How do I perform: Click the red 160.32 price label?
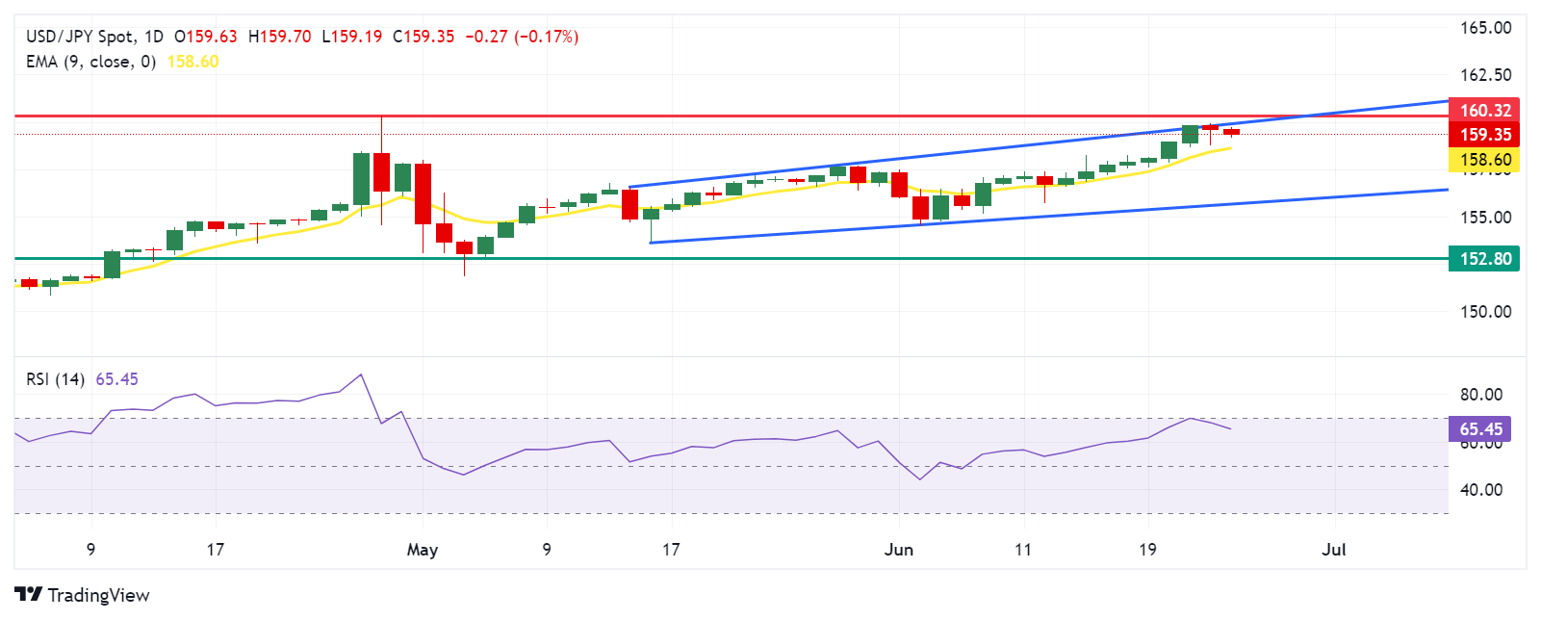click(1484, 111)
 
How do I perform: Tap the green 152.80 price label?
click(1484, 258)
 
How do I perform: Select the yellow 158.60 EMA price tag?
click(1484, 160)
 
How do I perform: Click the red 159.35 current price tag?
click(1484, 135)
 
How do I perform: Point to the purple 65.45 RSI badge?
click(1480, 429)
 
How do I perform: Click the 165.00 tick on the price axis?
click(1485, 28)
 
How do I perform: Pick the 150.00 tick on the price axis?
click(1485, 312)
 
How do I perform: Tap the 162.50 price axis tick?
click(1485, 75)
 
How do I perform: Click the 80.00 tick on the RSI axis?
click(1480, 395)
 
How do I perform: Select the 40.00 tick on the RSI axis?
click(1480, 490)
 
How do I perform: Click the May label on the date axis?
click(423, 550)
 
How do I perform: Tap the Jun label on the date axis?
click(899, 550)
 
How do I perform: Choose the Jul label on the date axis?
click(1333, 550)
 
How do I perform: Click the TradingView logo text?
click(98, 595)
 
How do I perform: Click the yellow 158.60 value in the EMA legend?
click(193, 62)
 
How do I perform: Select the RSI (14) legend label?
click(55, 379)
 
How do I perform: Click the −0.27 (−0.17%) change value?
click(522, 37)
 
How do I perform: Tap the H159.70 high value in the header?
click(279, 37)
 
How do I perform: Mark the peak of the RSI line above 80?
click(361, 375)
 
